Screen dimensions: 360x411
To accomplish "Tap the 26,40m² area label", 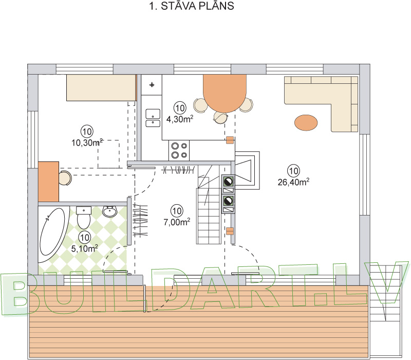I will coord(293,181).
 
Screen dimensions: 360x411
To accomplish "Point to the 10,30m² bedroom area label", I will coord(86,142).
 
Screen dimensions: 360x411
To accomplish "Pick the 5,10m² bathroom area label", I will coord(85,248).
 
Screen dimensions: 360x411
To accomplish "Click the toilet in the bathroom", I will coord(83,218).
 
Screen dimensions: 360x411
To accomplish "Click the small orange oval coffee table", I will coord(306,122).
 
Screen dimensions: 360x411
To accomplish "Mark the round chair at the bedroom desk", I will coord(65,178).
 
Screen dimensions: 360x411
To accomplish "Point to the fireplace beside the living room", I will coord(247,170).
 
